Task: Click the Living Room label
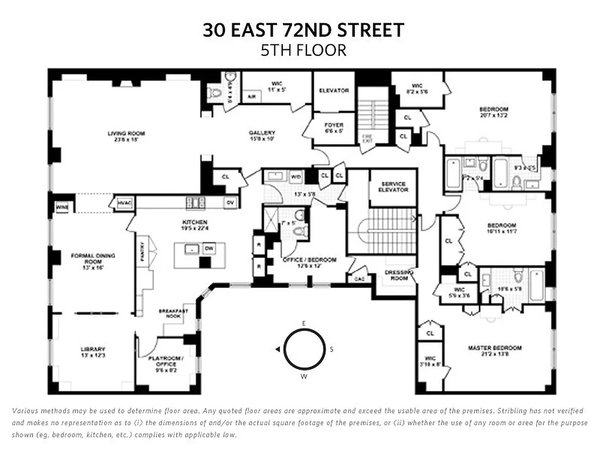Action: pyautogui.click(x=127, y=133)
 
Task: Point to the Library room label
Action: pyautogui.click(x=93, y=349)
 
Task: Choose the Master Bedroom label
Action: pyautogui.click(x=495, y=348)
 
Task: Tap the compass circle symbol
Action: pyautogui.click(x=304, y=349)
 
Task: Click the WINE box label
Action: pyautogui.click(x=61, y=208)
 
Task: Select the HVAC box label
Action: pyautogui.click(x=124, y=202)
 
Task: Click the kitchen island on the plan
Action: pyautogui.click(x=199, y=255)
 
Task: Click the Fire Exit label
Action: pyautogui.click(x=367, y=137)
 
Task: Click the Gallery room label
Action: pyautogui.click(x=261, y=133)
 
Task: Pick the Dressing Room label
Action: pyautogui.click(x=399, y=275)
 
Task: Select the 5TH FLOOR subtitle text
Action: pyautogui.click(x=303, y=51)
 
